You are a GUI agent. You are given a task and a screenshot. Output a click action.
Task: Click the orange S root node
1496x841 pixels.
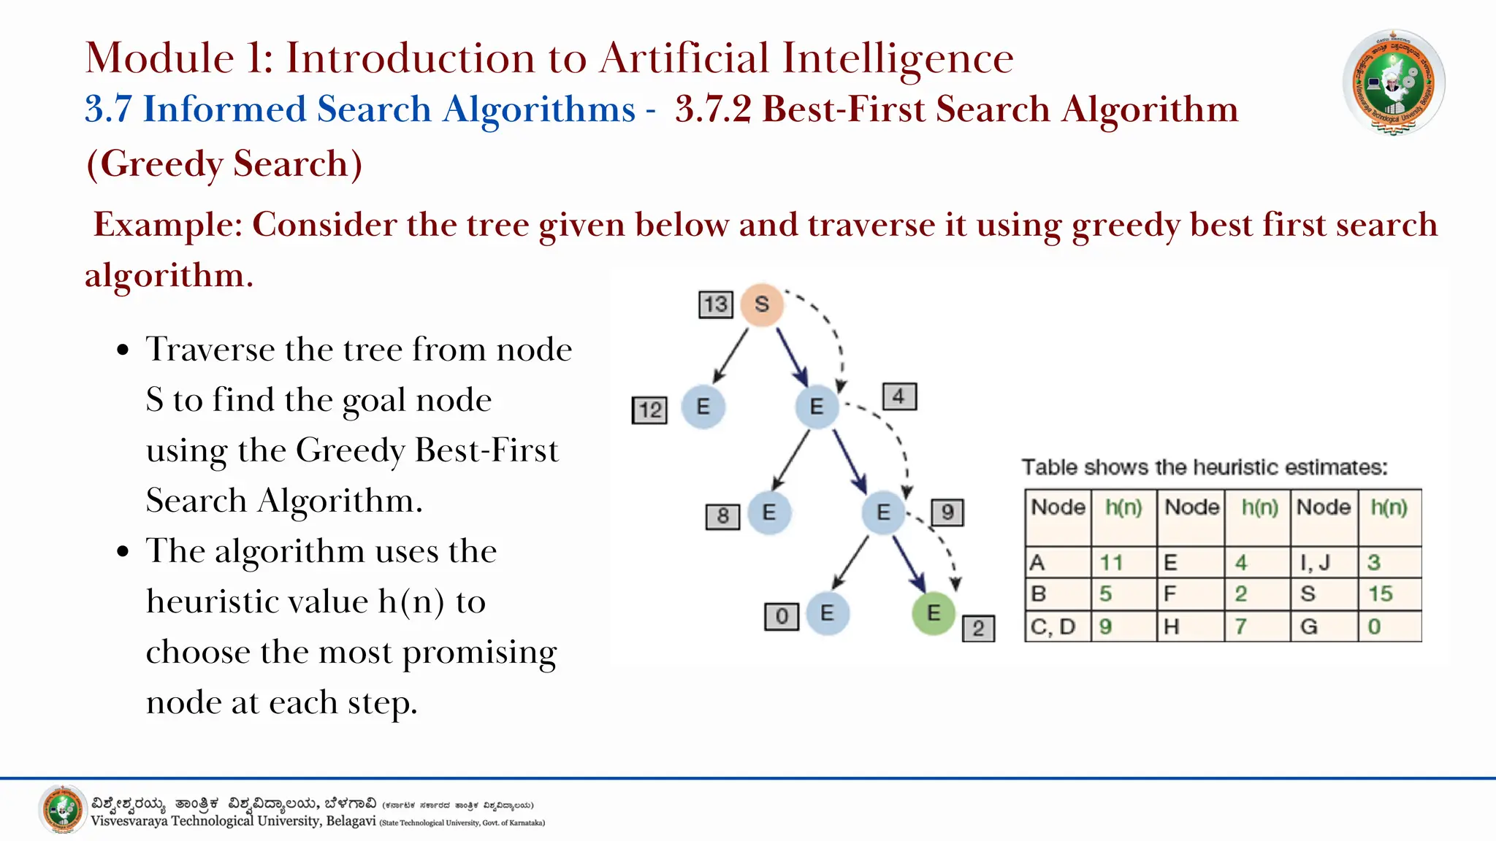pyautogui.click(x=762, y=304)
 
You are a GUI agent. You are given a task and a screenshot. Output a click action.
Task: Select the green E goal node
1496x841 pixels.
pyautogui.click(x=934, y=613)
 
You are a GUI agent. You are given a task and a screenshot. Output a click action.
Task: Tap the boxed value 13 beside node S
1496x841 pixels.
pyautogui.click(x=716, y=304)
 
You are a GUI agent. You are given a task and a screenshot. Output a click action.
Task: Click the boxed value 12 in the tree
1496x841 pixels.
pyautogui.click(x=649, y=410)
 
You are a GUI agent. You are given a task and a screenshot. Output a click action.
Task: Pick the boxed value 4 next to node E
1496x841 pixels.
pyautogui.click(x=899, y=396)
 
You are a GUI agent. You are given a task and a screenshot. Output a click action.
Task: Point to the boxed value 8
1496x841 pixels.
pyautogui.click(x=722, y=516)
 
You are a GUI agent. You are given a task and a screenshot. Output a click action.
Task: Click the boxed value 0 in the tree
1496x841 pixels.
pyautogui.click(x=782, y=616)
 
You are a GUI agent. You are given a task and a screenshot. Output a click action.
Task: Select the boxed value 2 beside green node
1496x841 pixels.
pyautogui.click(x=978, y=629)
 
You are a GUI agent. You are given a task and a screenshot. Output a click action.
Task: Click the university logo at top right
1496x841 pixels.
pyautogui.click(x=1393, y=82)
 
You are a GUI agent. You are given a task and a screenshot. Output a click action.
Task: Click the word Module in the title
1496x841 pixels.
pyautogui.click(x=159, y=58)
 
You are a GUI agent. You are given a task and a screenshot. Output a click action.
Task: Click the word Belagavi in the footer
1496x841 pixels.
pyautogui.click(x=351, y=821)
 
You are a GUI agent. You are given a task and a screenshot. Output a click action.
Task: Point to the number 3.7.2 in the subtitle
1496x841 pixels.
pyautogui.click(x=713, y=110)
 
